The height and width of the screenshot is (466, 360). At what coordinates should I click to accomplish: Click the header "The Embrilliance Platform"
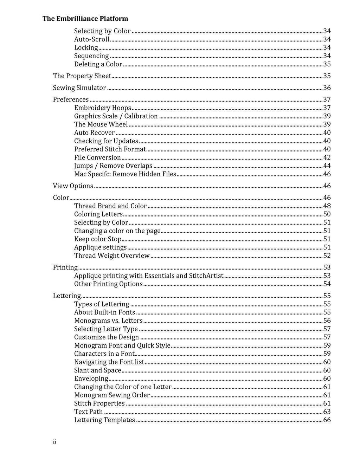85,19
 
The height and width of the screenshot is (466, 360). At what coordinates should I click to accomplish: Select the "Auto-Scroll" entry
92,39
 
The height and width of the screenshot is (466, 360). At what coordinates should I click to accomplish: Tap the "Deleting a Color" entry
98,64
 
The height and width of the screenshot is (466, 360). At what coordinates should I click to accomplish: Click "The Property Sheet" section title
82,76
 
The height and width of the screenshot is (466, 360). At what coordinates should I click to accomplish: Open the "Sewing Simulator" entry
79,88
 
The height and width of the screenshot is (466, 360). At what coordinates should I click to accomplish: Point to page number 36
327,88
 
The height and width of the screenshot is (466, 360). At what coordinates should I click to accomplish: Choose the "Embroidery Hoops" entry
103,108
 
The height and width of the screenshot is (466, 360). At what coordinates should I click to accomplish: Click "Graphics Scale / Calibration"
116,116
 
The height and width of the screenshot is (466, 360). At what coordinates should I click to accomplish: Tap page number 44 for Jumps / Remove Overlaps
327,166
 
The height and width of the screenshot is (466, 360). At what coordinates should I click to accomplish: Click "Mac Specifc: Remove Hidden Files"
125,174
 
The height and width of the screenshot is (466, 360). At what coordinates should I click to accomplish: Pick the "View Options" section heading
73,186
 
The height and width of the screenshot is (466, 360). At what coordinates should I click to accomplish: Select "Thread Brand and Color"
110,206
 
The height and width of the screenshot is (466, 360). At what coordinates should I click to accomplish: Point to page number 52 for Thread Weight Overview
327,256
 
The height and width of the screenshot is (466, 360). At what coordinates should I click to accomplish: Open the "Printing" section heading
65,267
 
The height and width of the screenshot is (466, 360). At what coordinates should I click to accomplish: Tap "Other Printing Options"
108,284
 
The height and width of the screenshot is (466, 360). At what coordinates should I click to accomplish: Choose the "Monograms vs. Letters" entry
108,321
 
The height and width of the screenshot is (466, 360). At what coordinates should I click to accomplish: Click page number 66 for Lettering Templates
327,420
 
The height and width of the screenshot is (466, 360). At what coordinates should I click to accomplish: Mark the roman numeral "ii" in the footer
54,442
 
